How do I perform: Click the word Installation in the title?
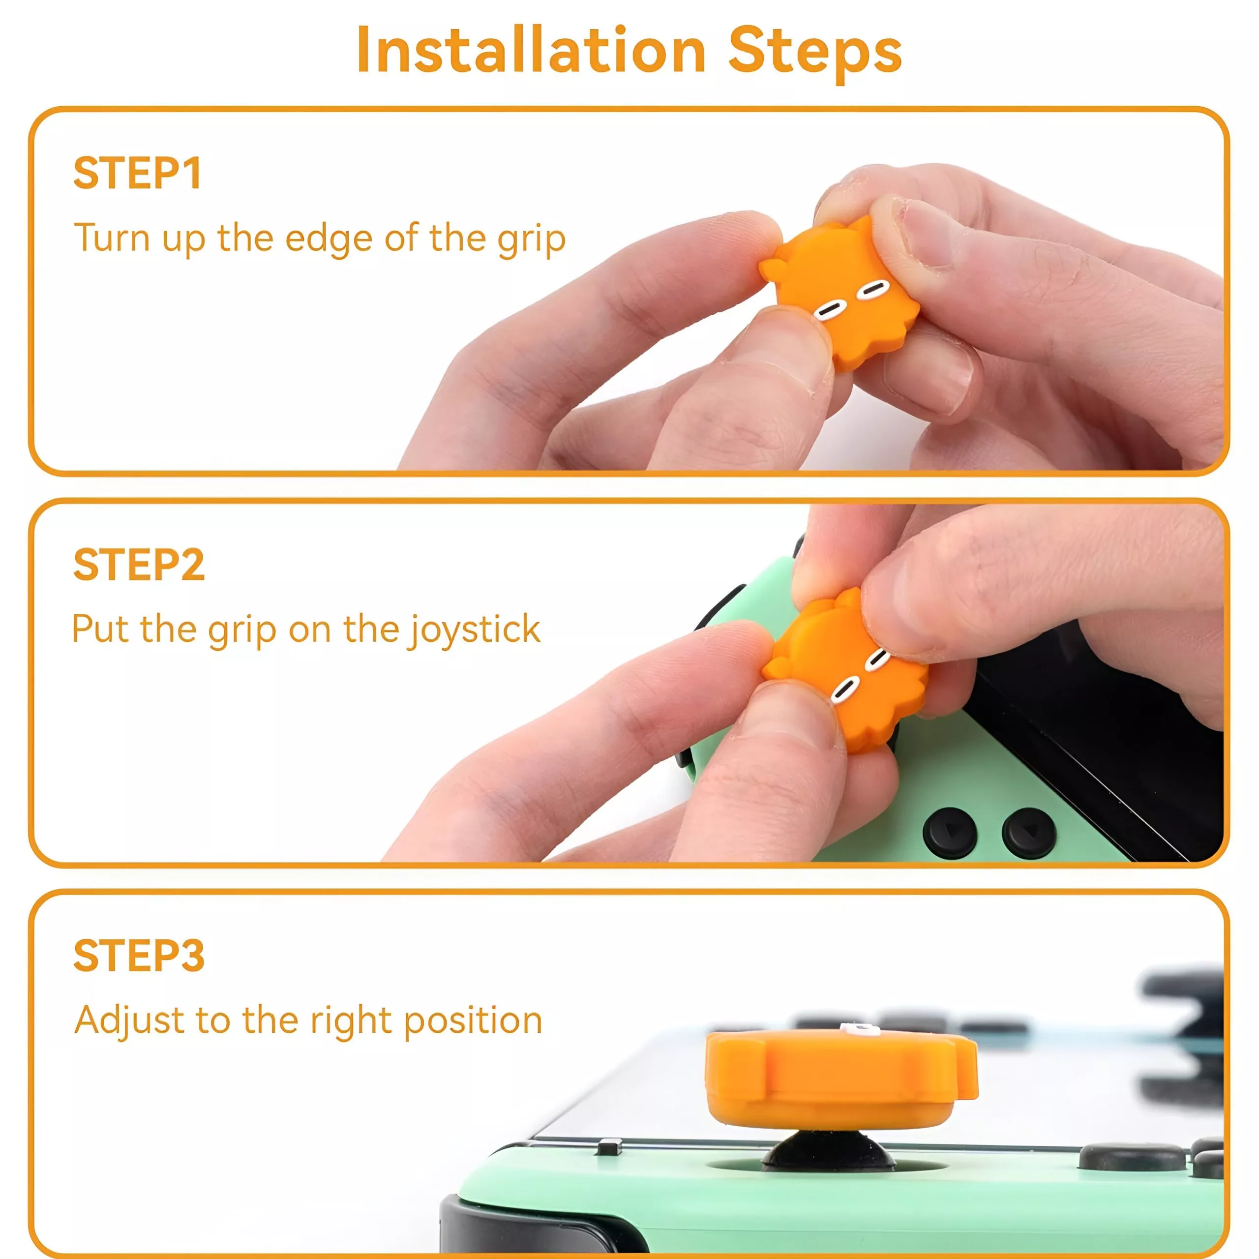point(531,50)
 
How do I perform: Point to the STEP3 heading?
point(139,956)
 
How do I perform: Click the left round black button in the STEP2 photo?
point(950,833)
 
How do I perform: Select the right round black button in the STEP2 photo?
point(1028,833)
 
